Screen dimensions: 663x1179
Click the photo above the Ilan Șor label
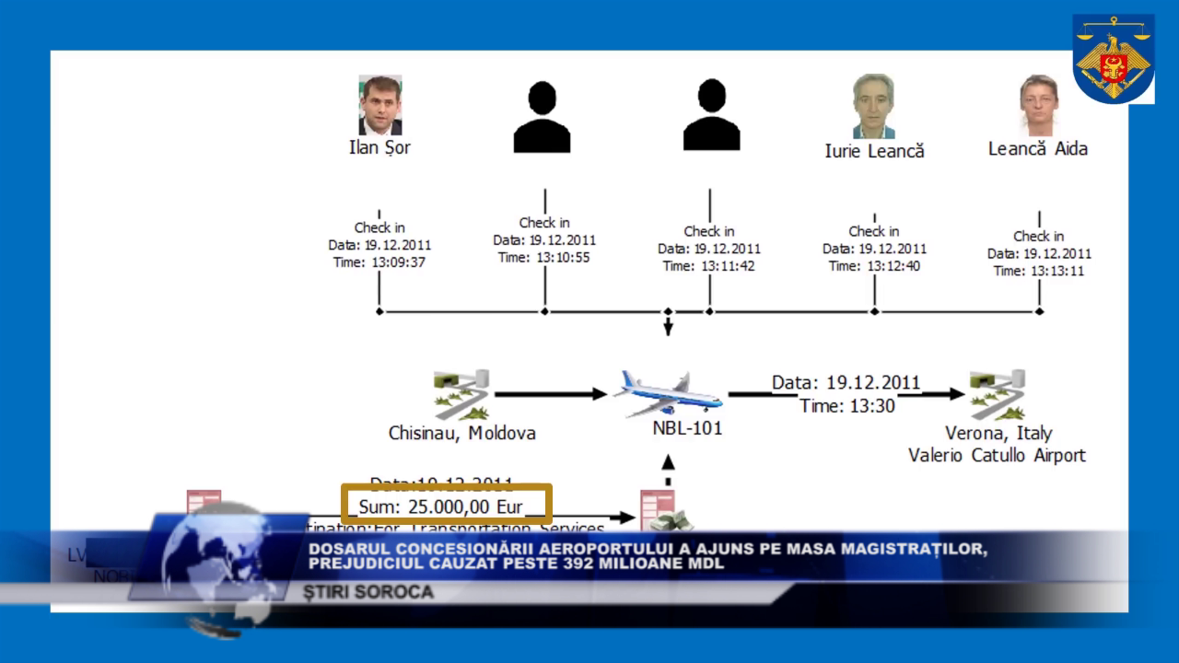coord(379,105)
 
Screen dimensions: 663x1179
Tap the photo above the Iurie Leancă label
coord(873,106)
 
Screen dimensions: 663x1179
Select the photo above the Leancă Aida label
coord(1038,105)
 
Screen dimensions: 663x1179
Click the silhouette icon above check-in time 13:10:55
coord(542,117)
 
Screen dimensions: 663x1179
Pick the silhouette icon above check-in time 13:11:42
coord(711,115)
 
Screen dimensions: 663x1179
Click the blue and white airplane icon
coord(669,393)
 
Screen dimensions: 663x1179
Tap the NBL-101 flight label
coord(687,428)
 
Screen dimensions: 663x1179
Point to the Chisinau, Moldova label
coord(461,433)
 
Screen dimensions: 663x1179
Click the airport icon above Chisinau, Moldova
coord(461,395)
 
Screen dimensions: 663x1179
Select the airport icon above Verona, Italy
coord(998,394)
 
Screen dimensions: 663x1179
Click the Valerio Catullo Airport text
coord(997,455)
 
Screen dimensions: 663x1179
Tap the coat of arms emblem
coord(1114,58)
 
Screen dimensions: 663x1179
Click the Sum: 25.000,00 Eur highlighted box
coord(447,506)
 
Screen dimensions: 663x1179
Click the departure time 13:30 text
coord(846,405)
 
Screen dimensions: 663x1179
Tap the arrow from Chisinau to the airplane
coord(550,394)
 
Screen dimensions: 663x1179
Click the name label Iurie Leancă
coord(874,151)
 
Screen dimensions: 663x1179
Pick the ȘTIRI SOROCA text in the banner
coord(369,592)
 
